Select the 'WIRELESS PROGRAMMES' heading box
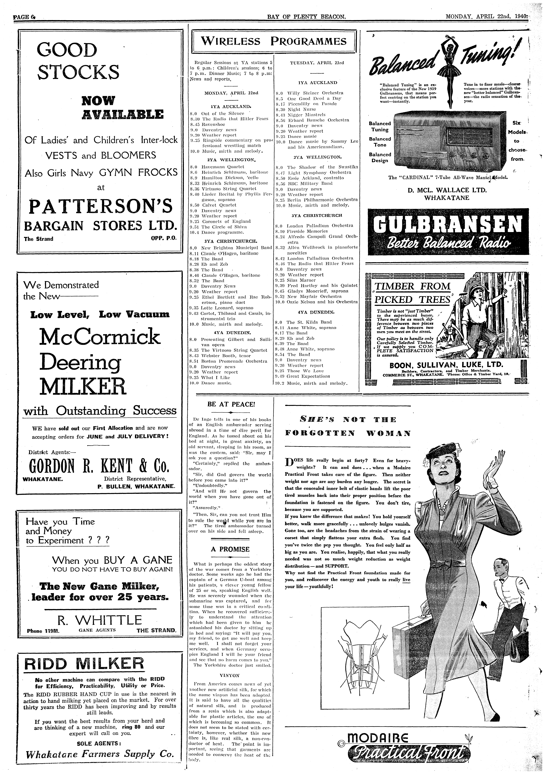pyautogui.click(x=274, y=41)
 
